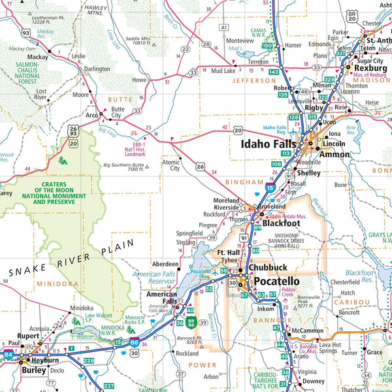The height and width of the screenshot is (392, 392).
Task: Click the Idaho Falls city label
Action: [268, 144]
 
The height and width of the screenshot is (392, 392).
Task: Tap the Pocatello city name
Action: [276, 282]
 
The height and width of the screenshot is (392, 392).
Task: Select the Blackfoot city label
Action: [281, 223]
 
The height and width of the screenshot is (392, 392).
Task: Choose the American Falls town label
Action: [161, 298]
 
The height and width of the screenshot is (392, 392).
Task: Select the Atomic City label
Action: [171, 165]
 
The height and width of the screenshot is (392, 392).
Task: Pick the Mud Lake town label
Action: [223, 70]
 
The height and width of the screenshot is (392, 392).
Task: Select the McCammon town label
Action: [308, 331]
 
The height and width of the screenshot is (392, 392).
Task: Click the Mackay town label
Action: [39, 57]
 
